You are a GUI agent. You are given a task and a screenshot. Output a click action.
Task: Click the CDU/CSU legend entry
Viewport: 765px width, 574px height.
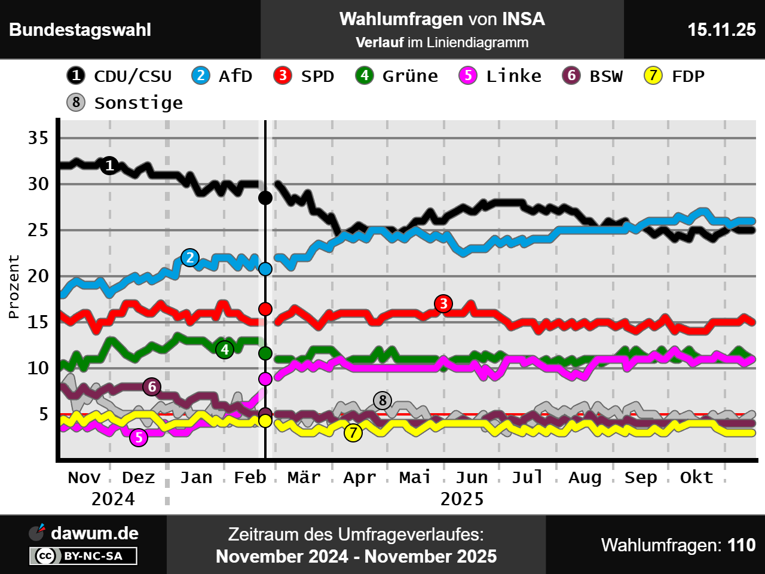(120, 76)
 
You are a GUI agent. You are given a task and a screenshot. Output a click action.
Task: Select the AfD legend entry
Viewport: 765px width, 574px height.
(222, 76)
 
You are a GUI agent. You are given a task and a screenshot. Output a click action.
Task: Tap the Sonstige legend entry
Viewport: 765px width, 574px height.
(125, 103)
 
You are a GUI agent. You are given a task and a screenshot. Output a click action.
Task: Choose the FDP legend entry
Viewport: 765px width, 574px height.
(674, 76)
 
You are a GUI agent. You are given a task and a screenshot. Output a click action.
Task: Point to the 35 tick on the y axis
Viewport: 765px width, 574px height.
(38, 138)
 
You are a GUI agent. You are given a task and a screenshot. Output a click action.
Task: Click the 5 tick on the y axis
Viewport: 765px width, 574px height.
(43, 414)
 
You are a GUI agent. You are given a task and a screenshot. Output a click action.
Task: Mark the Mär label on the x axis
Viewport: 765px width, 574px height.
(304, 477)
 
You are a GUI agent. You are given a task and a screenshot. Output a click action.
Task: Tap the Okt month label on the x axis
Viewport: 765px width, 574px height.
(696, 477)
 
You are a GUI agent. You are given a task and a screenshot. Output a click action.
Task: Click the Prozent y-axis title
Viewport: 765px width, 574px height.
(14, 286)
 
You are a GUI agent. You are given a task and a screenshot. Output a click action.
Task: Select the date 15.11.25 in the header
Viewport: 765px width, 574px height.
(721, 30)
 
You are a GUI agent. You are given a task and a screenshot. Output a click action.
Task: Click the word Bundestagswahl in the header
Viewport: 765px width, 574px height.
(80, 30)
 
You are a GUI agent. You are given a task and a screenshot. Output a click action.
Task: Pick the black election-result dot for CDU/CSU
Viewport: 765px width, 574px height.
(265, 198)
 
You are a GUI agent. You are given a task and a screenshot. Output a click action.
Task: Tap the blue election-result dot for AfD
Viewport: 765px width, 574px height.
(265, 269)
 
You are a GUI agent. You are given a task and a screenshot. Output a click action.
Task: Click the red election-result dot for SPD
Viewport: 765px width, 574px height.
(265, 309)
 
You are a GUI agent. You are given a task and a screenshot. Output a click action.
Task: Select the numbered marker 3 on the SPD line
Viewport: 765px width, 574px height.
(443, 304)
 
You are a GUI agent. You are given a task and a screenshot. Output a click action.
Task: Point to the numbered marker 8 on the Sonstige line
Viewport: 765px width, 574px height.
(382, 400)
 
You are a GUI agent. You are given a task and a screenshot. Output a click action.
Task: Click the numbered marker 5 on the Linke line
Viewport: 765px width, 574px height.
(139, 438)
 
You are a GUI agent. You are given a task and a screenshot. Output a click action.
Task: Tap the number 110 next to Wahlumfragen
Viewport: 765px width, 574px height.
(741, 545)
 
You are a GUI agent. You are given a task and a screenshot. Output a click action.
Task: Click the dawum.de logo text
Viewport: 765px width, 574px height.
(94, 533)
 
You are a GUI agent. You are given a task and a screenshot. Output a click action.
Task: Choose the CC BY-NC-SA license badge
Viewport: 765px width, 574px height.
(83, 556)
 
